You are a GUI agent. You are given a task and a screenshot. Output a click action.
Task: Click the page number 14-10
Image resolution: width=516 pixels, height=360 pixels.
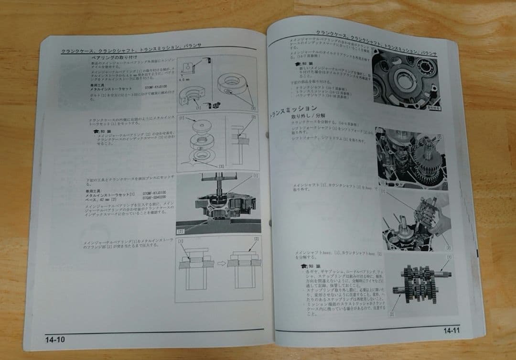[x=55, y=339]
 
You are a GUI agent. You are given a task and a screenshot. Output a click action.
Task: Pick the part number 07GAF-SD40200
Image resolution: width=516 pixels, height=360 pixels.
[x=154, y=196]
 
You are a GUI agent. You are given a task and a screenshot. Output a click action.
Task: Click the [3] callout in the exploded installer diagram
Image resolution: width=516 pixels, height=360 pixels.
[x=221, y=165]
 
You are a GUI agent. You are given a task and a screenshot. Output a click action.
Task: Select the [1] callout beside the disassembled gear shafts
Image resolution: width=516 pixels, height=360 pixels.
[x=448, y=257]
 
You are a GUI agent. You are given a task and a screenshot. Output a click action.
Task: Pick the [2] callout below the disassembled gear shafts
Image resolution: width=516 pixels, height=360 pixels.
[x=391, y=314]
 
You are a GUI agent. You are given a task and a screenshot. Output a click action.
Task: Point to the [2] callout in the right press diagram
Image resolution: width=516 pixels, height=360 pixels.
[x=256, y=239]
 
